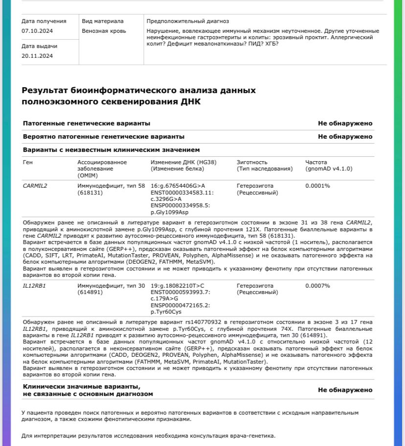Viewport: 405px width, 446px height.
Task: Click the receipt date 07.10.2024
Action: click(37, 31)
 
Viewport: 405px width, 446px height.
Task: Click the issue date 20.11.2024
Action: click(37, 56)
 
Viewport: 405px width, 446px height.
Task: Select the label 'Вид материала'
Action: click(103, 21)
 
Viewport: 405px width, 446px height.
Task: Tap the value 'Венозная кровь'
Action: click(104, 31)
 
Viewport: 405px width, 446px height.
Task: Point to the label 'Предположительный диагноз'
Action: click(188, 21)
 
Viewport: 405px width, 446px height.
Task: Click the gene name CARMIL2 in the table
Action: click(35, 186)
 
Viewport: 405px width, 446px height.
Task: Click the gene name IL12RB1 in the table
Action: click(34, 286)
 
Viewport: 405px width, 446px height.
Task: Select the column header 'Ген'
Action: click(28, 162)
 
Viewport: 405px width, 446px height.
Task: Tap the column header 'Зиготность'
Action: click(252, 162)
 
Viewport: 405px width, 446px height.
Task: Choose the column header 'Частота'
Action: click(316, 162)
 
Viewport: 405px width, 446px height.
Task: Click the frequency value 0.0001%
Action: click(317, 186)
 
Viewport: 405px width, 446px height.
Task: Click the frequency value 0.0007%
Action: click(317, 286)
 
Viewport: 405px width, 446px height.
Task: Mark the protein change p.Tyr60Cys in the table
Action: click(166, 312)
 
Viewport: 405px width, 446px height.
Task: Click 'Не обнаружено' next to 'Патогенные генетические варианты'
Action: click(345, 124)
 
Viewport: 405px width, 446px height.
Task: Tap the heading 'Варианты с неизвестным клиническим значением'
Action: click(111, 149)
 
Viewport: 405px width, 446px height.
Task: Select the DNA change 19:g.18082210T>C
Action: click(178, 286)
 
